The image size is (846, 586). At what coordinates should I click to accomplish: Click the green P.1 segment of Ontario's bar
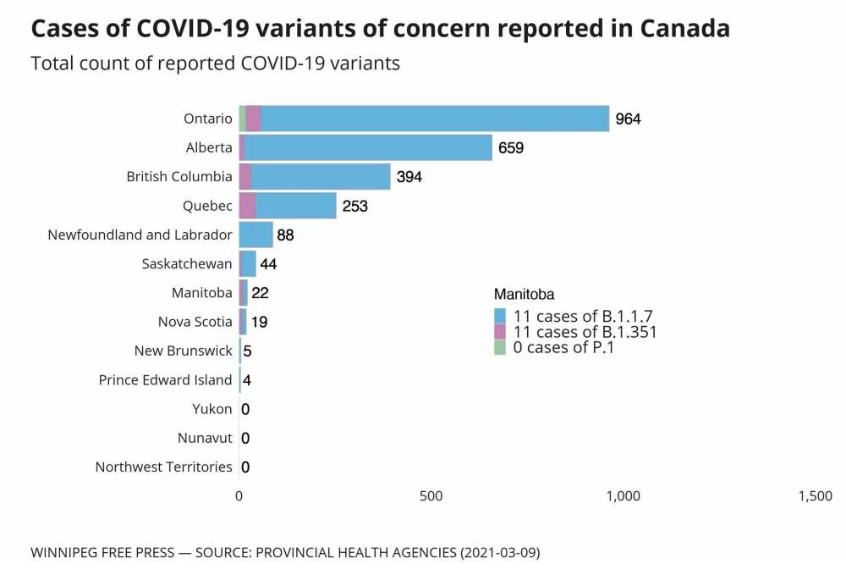[243, 119]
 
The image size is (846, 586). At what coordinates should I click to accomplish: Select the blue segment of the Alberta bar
[368, 147]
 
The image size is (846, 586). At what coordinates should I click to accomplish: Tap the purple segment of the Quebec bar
[247, 206]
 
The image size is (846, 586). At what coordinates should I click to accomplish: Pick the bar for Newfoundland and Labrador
[255, 235]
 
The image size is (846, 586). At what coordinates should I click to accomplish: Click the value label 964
[628, 119]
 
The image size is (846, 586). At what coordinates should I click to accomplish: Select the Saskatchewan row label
[187, 264]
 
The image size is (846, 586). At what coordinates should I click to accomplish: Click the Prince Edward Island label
[165, 379]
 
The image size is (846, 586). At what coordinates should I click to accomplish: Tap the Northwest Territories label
[163, 467]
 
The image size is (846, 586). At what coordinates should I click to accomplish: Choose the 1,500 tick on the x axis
[815, 496]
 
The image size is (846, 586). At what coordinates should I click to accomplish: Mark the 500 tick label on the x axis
[431, 496]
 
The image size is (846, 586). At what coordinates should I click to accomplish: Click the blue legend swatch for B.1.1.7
[500, 317]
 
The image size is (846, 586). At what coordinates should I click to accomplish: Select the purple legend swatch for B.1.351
[500, 332]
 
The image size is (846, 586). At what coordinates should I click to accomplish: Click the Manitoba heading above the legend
[524, 295]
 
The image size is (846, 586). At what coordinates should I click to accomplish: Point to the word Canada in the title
[684, 29]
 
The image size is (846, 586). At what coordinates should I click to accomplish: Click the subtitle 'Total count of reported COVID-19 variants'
[215, 64]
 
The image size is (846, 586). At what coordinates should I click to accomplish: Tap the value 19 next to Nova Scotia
[259, 322]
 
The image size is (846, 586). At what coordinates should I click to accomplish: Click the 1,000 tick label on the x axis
[623, 496]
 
